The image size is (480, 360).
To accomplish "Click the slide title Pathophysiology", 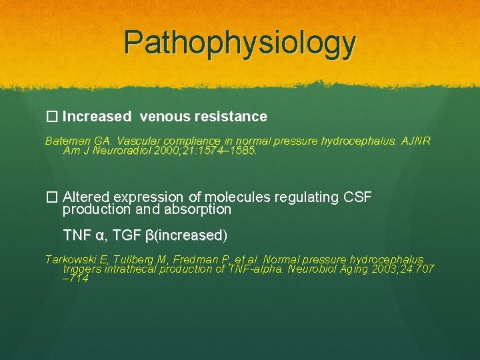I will [240, 43].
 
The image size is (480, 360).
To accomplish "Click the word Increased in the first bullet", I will [97, 117].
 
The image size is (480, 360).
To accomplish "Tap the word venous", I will [165, 117].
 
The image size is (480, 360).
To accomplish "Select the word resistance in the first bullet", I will [231, 117].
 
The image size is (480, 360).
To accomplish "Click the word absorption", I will [199, 209].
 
